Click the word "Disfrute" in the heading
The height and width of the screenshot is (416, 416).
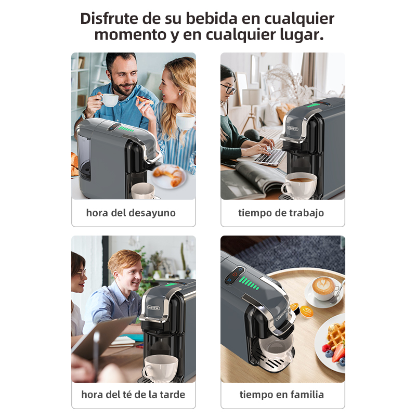pos(109,19)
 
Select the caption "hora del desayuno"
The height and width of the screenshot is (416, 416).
pos(131,213)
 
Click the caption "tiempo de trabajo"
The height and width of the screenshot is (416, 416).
pos(281,213)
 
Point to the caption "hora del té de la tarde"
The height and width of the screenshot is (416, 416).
pos(133,394)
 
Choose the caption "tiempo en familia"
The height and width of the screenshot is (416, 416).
pos(282,394)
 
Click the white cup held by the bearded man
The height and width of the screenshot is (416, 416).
pos(109,99)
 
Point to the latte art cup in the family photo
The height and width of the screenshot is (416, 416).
pos(324,288)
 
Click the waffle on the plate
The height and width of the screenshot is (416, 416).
pos(336,333)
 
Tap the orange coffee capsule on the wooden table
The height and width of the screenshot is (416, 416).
pos(307,311)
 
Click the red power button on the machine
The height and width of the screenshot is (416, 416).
pos(235,275)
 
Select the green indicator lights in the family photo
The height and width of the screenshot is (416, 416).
pos(249,283)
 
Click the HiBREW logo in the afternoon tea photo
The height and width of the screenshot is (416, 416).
pos(153,308)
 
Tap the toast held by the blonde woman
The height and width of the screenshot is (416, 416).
pos(145,99)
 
